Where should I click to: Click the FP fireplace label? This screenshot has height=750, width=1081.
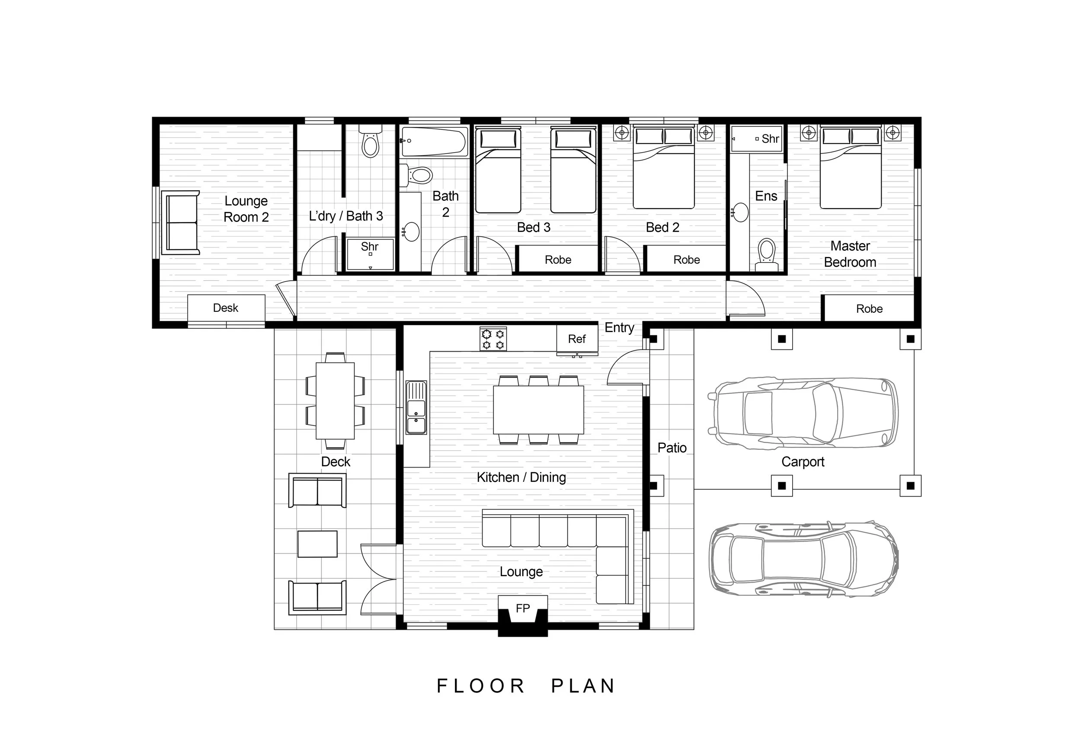click(x=522, y=609)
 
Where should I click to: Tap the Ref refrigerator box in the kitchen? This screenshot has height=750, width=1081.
click(x=577, y=339)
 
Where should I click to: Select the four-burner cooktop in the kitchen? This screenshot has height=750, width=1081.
click(x=493, y=339)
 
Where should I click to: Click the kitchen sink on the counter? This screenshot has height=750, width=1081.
click(x=416, y=407)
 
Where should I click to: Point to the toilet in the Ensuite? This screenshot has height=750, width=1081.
click(x=767, y=255)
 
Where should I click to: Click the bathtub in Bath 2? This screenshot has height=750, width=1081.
click(x=434, y=141)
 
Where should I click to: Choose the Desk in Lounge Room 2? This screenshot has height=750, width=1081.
click(x=226, y=308)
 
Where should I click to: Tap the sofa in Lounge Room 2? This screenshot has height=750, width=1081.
click(x=180, y=223)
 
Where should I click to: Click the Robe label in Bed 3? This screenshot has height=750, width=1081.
click(x=558, y=260)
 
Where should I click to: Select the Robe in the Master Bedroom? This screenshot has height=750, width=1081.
click(x=869, y=308)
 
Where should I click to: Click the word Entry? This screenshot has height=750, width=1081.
click(x=619, y=327)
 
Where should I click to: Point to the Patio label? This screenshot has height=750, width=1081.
click(x=672, y=448)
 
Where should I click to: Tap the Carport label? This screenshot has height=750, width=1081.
click(x=803, y=462)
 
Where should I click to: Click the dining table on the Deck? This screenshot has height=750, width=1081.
click(x=336, y=401)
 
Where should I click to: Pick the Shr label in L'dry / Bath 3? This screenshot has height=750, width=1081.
click(x=370, y=247)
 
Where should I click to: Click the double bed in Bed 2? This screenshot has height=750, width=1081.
click(x=663, y=167)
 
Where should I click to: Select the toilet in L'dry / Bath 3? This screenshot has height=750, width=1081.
click(x=371, y=141)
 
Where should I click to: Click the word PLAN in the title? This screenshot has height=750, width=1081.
click(x=582, y=686)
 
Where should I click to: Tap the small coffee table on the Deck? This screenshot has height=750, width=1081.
click(x=317, y=544)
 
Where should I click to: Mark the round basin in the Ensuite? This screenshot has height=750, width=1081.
click(x=741, y=212)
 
